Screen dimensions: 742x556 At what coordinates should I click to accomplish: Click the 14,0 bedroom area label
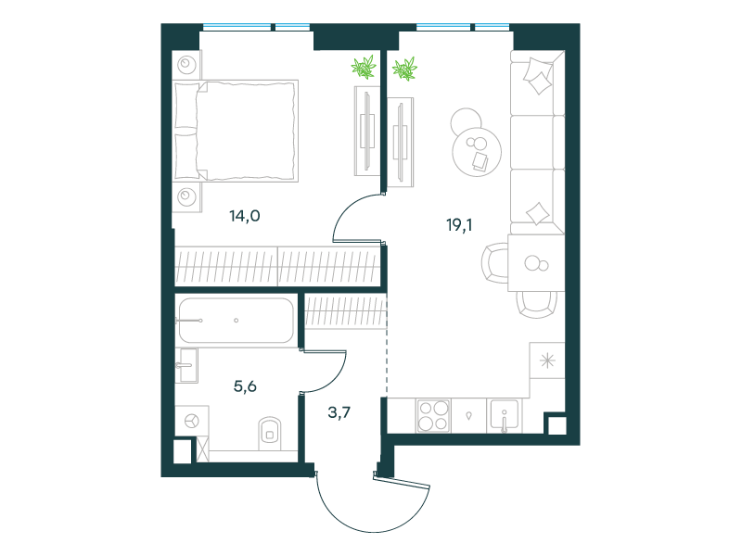(x=245, y=216)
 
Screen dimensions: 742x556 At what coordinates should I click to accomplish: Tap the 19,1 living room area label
(x=459, y=225)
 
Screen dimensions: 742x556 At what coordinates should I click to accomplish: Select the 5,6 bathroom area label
(x=245, y=386)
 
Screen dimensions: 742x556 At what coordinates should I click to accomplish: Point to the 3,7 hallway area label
(x=339, y=412)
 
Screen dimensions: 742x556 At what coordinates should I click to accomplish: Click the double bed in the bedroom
(x=237, y=131)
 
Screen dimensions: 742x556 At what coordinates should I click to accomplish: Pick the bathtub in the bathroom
(x=237, y=320)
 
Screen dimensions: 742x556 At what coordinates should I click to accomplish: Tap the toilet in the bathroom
(x=270, y=433)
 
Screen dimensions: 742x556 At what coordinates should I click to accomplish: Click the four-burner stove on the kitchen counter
(x=433, y=416)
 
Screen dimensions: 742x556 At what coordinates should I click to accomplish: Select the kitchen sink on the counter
(x=505, y=416)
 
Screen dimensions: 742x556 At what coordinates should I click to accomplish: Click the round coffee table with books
(x=477, y=152)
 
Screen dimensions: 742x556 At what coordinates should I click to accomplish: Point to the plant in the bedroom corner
(x=364, y=67)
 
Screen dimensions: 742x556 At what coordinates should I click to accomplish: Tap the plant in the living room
(x=404, y=69)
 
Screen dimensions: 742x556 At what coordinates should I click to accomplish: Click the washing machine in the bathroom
(x=192, y=421)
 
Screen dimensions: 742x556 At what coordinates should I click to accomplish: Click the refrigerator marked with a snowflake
(x=547, y=360)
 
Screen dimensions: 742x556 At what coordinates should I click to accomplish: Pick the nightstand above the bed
(x=186, y=64)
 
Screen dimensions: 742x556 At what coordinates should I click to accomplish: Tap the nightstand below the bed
(x=186, y=196)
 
